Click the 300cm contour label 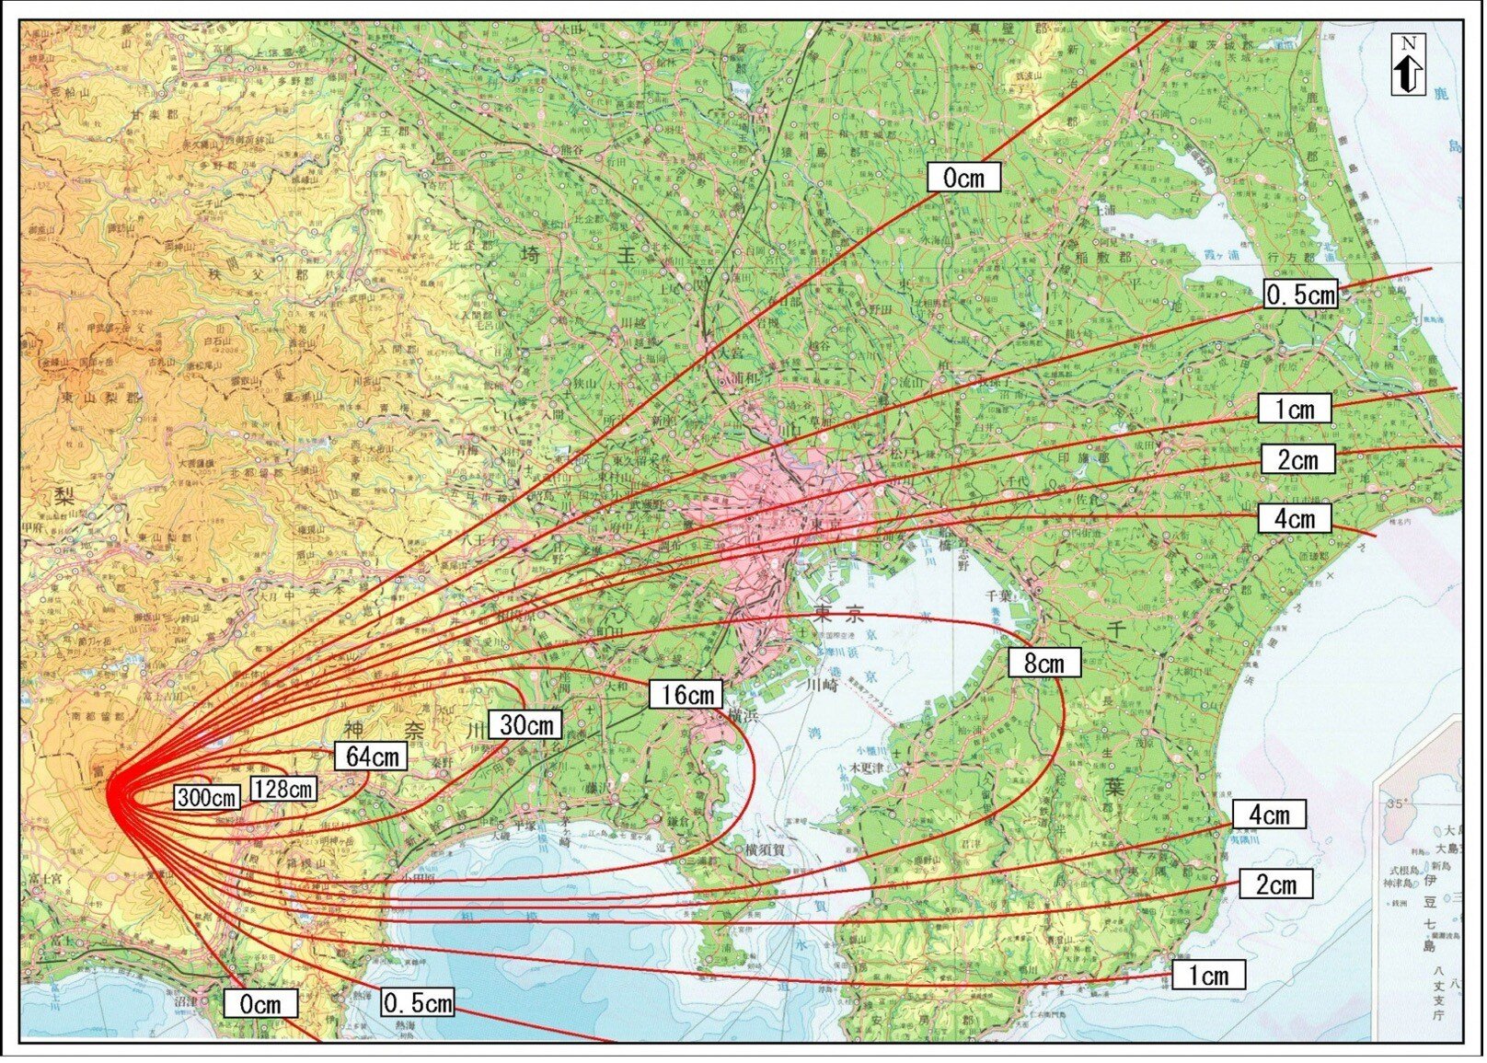click(x=207, y=797)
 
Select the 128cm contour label click(x=283, y=789)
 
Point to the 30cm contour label click(x=525, y=725)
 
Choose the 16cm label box click(x=686, y=695)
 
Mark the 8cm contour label click(x=1043, y=663)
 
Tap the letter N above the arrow click(x=1408, y=43)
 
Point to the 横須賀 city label click(x=765, y=849)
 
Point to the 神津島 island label click(x=1401, y=883)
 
